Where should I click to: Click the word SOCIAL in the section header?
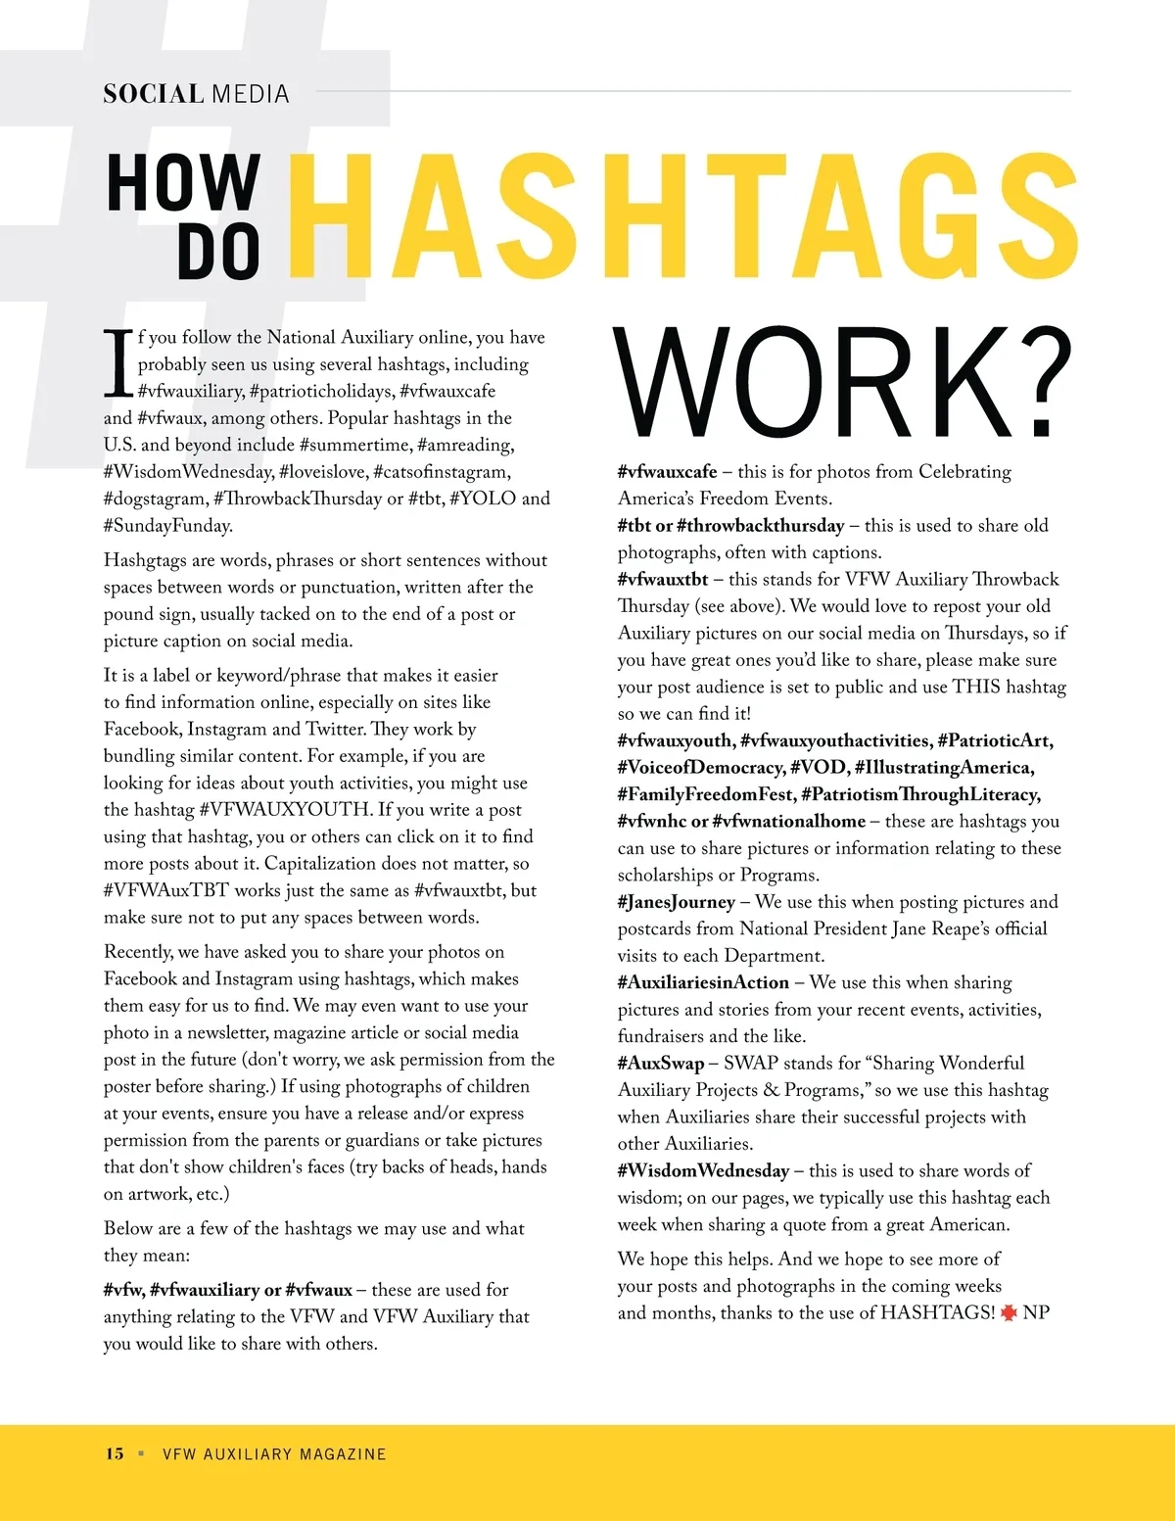click(x=153, y=94)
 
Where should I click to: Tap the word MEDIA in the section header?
click(x=251, y=94)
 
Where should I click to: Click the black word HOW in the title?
click(x=183, y=183)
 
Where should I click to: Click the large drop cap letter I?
click(x=118, y=362)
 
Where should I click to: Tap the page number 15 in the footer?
click(x=115, y=1453)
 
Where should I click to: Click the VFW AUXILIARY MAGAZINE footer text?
click(x=274, y=1454)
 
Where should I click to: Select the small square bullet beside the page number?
click(x=141, y=1453)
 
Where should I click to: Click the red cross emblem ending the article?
click(x=1009, y=1312)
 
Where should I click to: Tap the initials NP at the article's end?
click(x=1036, y=1312)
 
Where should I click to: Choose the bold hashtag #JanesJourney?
click(x=676, y=902)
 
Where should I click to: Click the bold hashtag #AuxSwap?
click(x=661, y=1063)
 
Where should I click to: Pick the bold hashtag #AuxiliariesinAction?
click(x=703, y=982)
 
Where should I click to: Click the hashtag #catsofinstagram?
click(x=442, y=471)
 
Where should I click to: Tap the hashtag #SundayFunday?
click(x=168, y=525)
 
